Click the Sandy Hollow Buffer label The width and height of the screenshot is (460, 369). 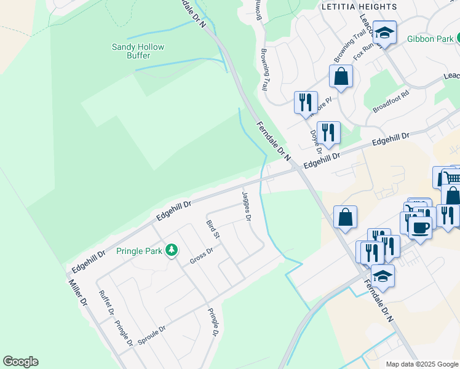point(130,50)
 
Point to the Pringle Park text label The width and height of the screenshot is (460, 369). point(140,251)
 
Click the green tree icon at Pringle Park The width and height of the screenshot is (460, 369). point(173,250)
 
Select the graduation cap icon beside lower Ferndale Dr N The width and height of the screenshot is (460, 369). point(383,276)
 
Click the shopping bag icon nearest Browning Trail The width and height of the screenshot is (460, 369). point(341,77)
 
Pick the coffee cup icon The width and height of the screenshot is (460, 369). point(420,228)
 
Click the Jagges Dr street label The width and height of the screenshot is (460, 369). point(247,205)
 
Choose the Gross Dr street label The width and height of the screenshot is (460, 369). point(201,255)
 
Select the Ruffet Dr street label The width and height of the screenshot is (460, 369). point(106,304)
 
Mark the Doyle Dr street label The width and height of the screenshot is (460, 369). point(315,142)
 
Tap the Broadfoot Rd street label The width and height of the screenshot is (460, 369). point(391,102)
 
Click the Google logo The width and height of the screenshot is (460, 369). point(20,362)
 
